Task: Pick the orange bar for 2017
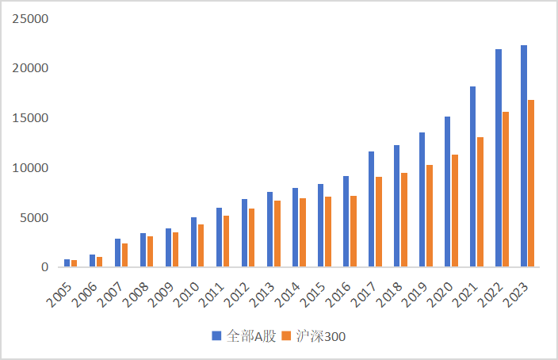(379, 222)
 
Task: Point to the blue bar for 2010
(194, 242)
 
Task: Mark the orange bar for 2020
(455, 211)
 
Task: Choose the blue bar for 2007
(118, 253)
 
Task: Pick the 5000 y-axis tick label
(34, 218)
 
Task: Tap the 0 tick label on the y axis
(45, 268)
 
